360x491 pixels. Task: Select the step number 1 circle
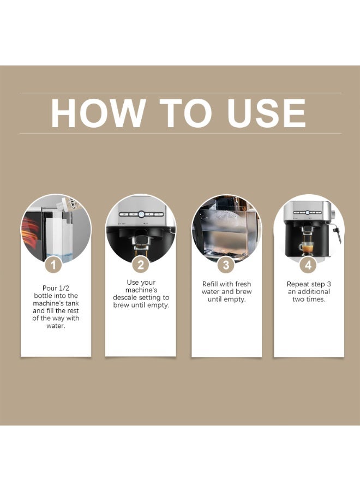[x=53, y=266]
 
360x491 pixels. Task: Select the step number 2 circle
[x=141, y=266]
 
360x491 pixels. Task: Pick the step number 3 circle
[x=226, y=266]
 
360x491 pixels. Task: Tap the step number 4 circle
[x=309, y=266]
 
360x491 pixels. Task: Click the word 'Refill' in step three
[x=212, y=284]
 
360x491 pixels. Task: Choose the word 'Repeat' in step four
[x=298, y=284]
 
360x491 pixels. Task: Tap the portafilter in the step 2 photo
[x=141, y=242]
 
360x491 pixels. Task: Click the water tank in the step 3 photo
[x=226, y=229]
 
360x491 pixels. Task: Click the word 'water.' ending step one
[x=56, y=326]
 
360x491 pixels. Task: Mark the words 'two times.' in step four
[x=309, y=300]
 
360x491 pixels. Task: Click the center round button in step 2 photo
[x=141, y=215]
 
